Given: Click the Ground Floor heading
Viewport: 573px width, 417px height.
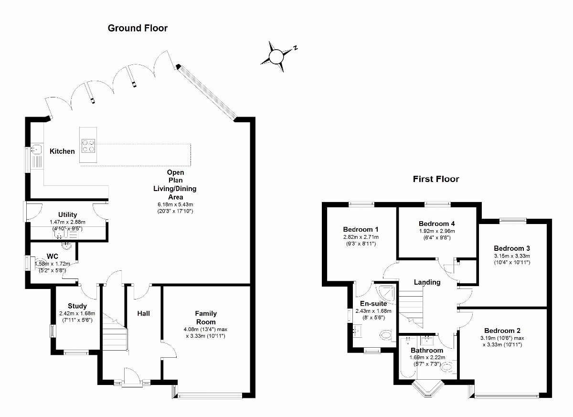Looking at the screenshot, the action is [138, 28].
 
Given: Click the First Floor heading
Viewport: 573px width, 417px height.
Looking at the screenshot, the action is [436, 179].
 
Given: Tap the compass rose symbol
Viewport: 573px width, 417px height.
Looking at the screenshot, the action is [277, 56].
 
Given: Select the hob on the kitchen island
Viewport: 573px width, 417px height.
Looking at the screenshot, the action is [88, 146].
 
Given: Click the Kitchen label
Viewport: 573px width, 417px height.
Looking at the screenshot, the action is [62, 151].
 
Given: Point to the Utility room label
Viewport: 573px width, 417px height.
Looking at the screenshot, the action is [67, 214].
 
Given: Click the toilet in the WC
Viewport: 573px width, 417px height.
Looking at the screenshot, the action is [39, 263].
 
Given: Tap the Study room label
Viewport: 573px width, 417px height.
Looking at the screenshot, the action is [77, 306].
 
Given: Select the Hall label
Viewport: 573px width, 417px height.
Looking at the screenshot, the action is [143, 313].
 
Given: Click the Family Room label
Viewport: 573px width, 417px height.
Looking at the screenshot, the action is [206, 318].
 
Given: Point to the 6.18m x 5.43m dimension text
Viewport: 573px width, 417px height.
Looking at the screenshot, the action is [175, 204].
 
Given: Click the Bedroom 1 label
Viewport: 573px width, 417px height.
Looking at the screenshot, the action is [361, 229].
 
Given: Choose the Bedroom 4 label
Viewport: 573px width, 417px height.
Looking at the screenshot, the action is [436, 224].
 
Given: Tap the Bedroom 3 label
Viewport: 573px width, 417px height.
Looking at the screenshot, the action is [512, 248].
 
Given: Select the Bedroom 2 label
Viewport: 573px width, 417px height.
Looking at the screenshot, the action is [502, 331].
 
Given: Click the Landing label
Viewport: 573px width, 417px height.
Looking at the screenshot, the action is [427, 282].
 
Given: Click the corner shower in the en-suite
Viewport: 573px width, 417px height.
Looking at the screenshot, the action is [386, 293].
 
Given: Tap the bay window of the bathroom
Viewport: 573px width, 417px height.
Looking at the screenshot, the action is [427, 388].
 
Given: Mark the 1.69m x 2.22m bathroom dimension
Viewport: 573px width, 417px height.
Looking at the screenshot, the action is [427, 357].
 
